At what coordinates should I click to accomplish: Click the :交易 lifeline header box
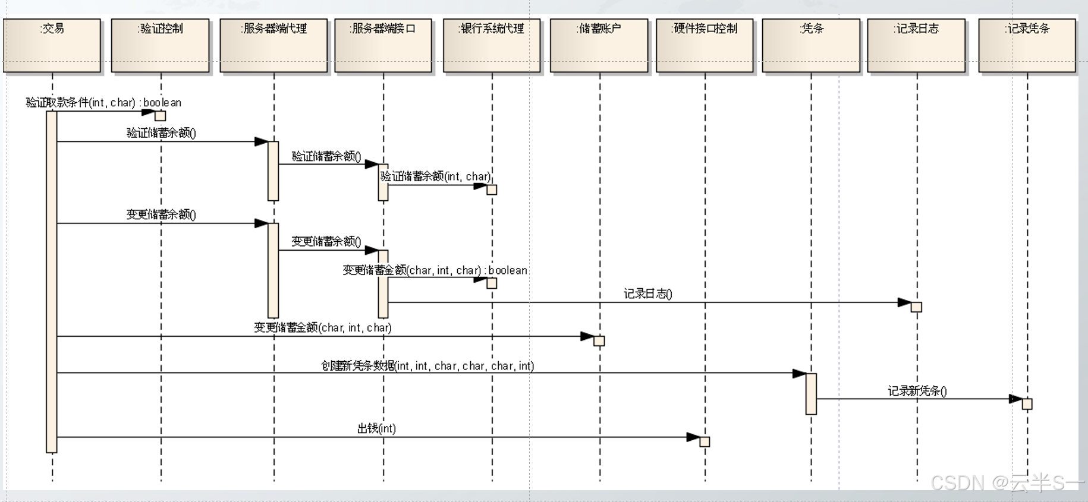coord(52,45)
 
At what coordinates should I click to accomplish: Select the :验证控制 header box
coord(160,45)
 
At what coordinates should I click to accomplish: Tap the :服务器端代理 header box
coord(273,45)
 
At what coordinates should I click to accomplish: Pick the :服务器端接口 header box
coord(383,45)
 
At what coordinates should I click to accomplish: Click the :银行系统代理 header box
coord(492,45)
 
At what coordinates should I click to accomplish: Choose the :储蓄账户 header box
coord(599,45)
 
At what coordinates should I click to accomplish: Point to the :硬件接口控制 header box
coord(705,45)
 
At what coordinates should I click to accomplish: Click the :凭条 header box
coord(811,45)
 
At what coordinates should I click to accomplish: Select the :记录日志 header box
coord(916,45)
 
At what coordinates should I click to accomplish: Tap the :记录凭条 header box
coord(1027,45)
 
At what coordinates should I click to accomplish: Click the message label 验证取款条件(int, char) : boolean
coord(103,103)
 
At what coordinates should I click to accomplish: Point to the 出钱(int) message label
coord(376,428)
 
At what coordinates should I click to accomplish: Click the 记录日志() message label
coord(647,294)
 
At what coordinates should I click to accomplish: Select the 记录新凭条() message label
coord(917,391)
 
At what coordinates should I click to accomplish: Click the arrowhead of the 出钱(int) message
coord(693,437)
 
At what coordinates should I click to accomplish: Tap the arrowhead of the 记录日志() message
coord(904,302)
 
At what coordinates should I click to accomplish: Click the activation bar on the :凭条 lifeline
coord(811,393)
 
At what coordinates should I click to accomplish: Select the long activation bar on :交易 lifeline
coord(52,282)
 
